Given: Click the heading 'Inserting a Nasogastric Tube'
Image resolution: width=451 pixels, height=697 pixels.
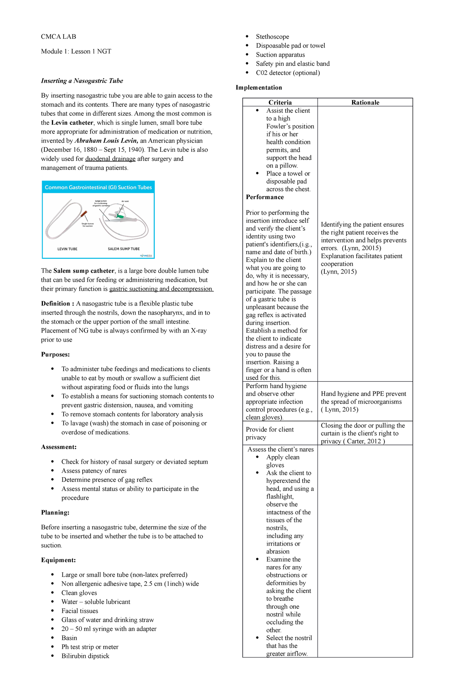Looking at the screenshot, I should point(82,81).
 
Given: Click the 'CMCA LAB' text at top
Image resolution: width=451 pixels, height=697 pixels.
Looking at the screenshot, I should point(58,36).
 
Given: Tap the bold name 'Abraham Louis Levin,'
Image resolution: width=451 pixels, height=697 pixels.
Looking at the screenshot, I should point(106,141).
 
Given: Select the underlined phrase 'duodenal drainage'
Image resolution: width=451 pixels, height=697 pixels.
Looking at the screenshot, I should point(110,159).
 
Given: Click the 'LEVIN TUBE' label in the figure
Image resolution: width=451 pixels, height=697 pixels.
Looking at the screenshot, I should point(67,249).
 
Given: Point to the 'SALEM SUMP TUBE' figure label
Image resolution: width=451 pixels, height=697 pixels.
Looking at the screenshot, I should point(124,249).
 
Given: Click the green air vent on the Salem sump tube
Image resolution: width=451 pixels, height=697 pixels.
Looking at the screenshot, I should point(120,216).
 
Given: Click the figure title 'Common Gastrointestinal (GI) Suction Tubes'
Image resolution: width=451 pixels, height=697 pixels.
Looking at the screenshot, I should point(98,187).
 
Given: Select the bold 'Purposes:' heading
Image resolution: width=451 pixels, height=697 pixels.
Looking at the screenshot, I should point(55,354).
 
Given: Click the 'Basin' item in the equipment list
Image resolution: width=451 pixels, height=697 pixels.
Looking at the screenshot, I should point(69,638).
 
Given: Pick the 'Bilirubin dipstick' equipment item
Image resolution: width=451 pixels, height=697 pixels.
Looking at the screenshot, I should point(85,656).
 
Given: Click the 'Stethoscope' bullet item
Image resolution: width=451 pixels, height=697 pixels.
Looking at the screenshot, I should point(272,36).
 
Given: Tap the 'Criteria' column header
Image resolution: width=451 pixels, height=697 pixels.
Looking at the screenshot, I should point(280,102).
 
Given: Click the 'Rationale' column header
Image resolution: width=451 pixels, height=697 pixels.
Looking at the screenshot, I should point(365,102).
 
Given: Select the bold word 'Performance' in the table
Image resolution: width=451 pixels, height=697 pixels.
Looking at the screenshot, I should point(265,197).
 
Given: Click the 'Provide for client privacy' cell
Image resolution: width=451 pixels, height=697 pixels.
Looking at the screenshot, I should point(269,433).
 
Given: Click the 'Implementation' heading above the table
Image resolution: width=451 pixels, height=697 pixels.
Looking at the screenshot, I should point(259,88).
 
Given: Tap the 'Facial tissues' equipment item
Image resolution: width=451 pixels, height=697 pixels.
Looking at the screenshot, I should point(80,611).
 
